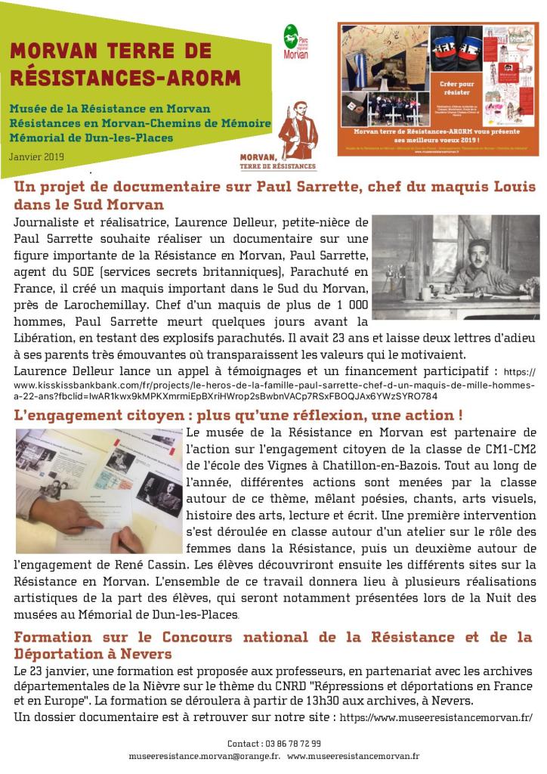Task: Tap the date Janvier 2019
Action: (x=38, y=156)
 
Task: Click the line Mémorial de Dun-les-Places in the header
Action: (x=91, y=137)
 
